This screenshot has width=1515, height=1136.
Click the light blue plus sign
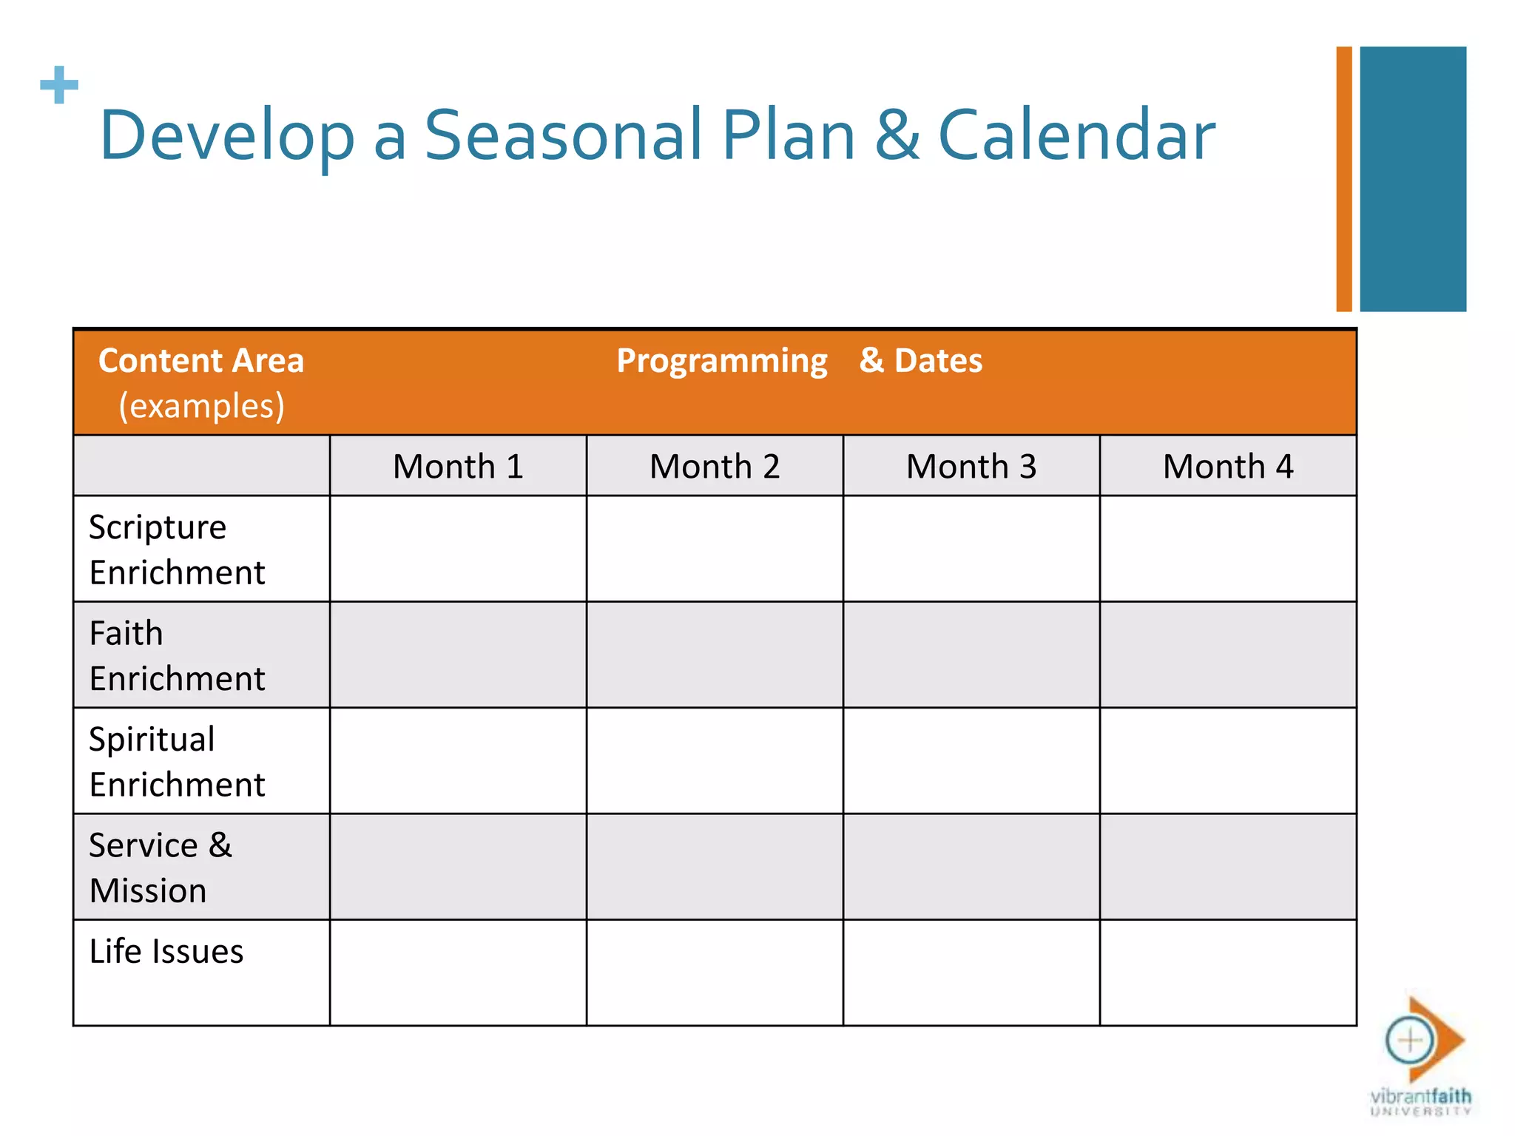point(59,85)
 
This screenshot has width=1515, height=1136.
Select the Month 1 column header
point(458,467)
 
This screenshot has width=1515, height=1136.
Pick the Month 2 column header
point(715,467)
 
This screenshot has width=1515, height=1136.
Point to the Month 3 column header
point(971,467)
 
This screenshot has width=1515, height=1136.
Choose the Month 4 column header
point(1228,467)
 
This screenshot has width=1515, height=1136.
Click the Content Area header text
point(201,361)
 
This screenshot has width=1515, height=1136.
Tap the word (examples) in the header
point(201,406)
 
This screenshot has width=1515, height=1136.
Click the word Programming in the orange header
point(722,361)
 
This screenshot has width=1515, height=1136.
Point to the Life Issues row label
point(166,952)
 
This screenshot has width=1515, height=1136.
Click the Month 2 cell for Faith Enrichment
point(715,655)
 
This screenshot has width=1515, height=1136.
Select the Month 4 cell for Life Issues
point(1228,973)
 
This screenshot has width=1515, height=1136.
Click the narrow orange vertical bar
point(1344,179)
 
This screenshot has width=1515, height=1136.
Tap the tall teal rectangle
point(1413,179)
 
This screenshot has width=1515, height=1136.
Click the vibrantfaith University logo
point(1420,1058)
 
